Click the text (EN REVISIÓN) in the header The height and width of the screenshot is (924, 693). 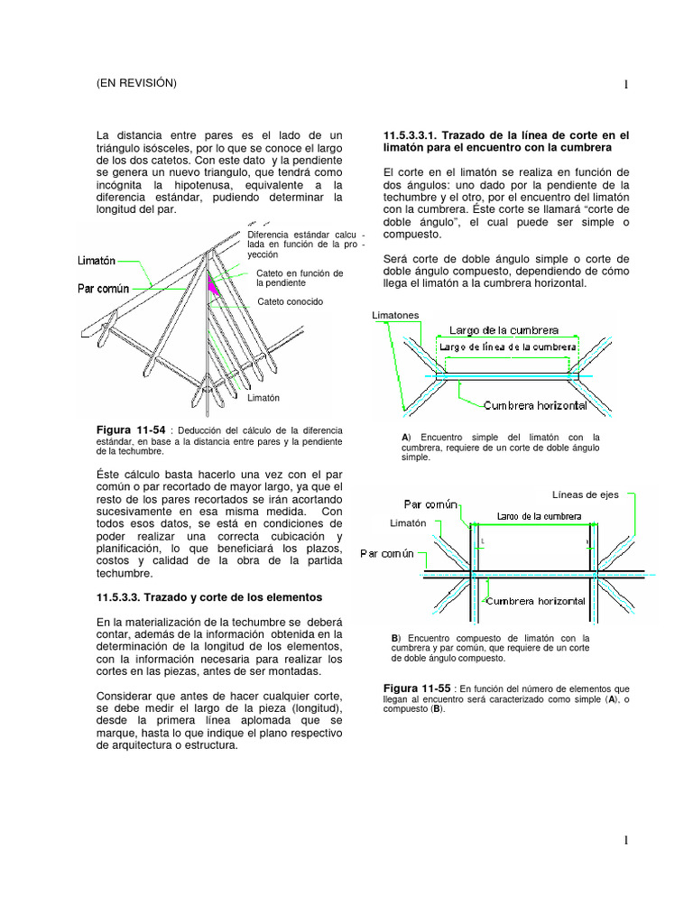coord(136,84)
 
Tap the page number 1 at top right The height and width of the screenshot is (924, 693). coord(624,85)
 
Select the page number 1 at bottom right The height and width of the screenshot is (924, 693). coord(624,840)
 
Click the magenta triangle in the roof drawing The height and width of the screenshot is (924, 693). coord(215,287)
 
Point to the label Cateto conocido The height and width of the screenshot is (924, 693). coord(290,301)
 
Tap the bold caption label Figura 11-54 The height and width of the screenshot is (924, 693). coord(126,430)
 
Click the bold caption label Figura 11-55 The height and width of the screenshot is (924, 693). coord(415,688)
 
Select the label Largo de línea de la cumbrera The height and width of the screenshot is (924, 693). coord(507,347)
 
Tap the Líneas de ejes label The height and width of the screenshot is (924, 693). coord(585,494)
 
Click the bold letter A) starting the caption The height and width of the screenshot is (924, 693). coord(405,438)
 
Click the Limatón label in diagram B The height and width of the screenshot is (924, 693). coord(407,522)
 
